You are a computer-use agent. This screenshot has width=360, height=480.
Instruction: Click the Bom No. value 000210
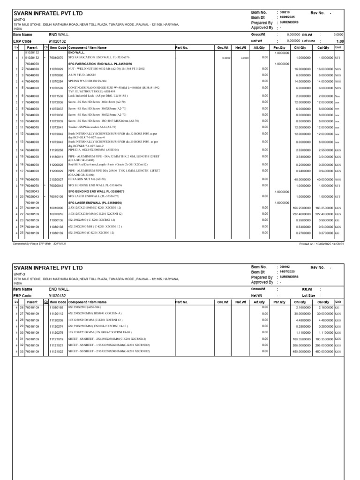click(x=285, y=12)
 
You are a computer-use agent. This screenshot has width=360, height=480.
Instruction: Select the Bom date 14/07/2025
click(x=287, y=272)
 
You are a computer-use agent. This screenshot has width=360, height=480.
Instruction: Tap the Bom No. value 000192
click(x=285, y=267)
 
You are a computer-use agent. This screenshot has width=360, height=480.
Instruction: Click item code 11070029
click(x=56, y=68)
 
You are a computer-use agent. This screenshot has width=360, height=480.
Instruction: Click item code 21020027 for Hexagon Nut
click(x=56, y=179)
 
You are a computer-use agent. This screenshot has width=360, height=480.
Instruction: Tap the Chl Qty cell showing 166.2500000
click(x=302, y=208)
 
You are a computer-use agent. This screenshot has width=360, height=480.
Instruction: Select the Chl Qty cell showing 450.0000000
click(x=302, y=351)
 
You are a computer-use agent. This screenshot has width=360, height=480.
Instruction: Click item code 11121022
click(x=56, y=351)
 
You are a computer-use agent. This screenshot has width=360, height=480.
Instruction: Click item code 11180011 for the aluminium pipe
click(x=56, y=157)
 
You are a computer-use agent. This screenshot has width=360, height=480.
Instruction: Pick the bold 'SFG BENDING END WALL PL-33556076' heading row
click(x=97, y=191)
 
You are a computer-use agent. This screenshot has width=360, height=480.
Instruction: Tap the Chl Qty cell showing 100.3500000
click(x=302, y=338)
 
